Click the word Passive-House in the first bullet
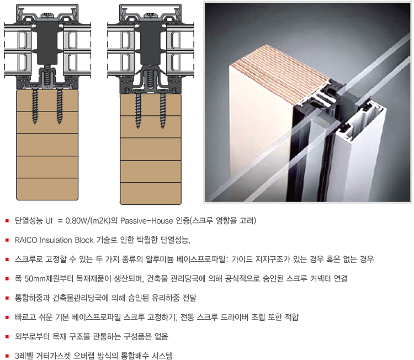146,220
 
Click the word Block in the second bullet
84,240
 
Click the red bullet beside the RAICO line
7,240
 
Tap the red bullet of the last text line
7,356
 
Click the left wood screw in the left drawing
35,106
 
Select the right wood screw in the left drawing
60,106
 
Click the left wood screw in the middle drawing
138,110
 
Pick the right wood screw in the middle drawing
163,110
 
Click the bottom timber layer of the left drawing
47,189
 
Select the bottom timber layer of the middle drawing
151,193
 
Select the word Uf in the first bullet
49,220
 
